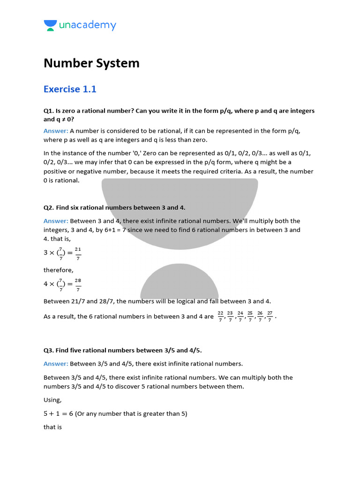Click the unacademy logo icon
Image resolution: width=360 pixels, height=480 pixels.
50,25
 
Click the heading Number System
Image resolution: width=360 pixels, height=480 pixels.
91,63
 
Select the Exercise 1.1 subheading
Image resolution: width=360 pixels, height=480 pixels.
70,89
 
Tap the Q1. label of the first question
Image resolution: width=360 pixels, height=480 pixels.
49,111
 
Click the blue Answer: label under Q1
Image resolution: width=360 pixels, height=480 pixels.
56,131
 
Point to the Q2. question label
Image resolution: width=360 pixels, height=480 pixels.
49,207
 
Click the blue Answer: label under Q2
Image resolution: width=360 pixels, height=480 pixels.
56,221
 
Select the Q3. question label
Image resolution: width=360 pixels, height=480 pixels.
49,350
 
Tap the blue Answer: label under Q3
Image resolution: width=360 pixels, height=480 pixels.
56,364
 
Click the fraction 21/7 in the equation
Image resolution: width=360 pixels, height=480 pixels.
78,253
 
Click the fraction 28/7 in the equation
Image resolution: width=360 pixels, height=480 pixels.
78,285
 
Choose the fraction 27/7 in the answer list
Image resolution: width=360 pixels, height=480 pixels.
270,317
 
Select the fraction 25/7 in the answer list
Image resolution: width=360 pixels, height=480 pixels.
250,317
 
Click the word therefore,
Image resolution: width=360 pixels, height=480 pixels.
59,270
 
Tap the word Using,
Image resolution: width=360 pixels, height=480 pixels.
52,400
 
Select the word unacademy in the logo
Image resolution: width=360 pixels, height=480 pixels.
88,25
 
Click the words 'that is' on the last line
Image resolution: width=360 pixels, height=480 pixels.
52,427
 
